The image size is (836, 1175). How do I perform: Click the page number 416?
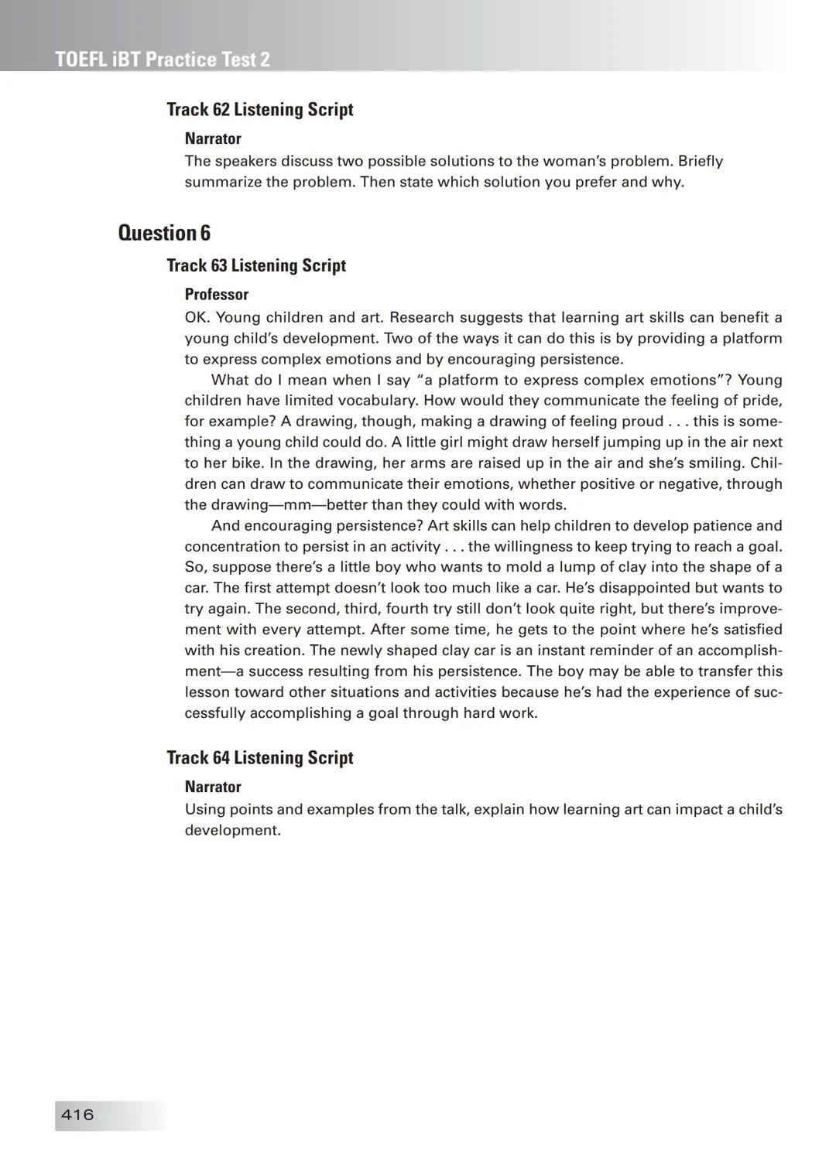pos(77,1115)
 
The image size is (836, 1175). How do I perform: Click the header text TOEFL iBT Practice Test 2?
pos(163,60)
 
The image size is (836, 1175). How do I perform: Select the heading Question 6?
pos(164,233)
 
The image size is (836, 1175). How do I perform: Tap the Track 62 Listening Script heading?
pos(259,110)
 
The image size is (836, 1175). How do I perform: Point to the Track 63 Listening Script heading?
pos(256,265)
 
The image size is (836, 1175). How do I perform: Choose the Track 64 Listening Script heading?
pos(259,758)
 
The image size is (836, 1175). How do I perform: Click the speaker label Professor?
pos(217,295)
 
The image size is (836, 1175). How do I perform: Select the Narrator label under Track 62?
pos(213,139)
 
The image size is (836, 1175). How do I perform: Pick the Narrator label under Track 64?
pos(213,787)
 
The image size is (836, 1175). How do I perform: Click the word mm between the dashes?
pos(299,505)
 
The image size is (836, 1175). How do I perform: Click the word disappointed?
pos(649,588)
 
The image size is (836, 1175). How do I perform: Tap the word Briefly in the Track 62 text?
pos(701,162)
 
